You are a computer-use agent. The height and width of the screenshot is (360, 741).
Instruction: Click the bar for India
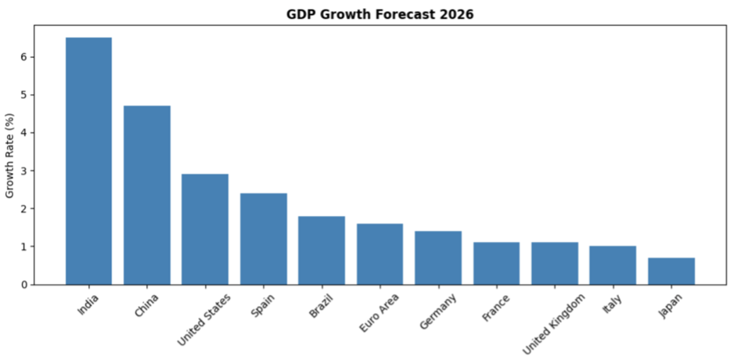88,160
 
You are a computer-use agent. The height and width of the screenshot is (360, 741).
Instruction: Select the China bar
147,195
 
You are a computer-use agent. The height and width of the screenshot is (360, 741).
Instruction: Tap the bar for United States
205,229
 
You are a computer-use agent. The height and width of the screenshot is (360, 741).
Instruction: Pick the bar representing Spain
263,239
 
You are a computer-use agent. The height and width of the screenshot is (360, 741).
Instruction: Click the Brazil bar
322,250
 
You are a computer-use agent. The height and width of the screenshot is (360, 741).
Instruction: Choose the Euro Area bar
379,254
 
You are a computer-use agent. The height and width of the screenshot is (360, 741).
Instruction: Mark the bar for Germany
438,258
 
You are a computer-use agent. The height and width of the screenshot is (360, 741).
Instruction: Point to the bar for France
496,264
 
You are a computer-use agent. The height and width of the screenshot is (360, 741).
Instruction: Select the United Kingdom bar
555,264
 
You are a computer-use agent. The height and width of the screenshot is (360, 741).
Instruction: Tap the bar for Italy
613,265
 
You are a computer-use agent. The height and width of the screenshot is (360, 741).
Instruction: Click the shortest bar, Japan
671,272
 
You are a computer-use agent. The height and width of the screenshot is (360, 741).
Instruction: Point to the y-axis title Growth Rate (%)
10,155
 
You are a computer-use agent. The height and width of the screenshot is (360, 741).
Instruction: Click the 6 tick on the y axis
24,57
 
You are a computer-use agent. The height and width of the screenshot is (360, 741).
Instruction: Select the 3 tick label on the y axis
24,171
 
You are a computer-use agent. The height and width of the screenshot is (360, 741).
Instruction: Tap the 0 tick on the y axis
24,285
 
